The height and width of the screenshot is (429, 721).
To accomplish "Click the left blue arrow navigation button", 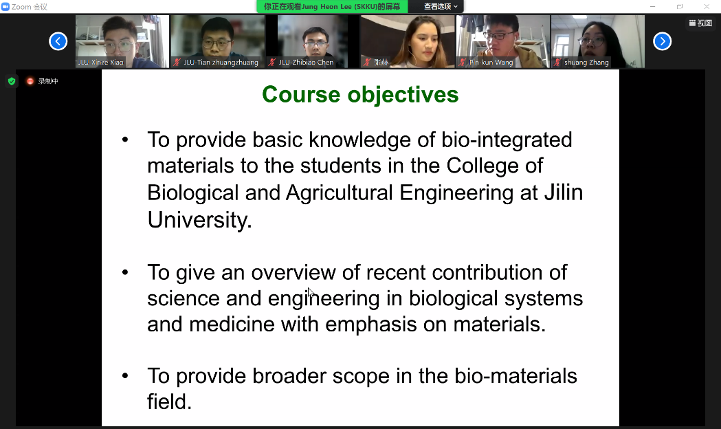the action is (x=58, y=41).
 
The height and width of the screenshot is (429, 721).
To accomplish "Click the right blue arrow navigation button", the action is (x=662, y=41).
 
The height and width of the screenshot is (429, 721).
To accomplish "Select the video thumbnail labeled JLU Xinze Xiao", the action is (x=122, y=41).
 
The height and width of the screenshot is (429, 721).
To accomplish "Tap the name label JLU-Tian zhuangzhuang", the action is (x=221, y=63).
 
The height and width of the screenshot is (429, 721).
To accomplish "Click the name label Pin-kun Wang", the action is (x=491, y=63).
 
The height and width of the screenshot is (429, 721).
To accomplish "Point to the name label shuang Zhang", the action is (x=586, y=63).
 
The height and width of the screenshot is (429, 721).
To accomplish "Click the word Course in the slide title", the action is (x=301, y=95).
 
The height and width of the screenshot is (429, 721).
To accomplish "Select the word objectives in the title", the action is (x=403, y=96).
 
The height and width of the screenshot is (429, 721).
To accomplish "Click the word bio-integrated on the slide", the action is (x=507, y=140).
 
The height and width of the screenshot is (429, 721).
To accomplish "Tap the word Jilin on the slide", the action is (x=564, y=192).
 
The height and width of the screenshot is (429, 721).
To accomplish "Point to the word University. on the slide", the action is (x=199, y=220).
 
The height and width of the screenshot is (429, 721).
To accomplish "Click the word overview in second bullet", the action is (x=293, y=273).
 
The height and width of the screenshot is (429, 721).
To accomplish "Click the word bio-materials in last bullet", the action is (x=515, y=376).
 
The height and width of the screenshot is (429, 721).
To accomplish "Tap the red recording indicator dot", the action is (x=30, y=81).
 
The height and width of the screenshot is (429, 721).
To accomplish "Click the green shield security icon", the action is (x=12, y=81).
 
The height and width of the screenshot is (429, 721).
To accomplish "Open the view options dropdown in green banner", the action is (x=441, y=6).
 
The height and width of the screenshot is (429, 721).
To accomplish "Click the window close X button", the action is (x=707, y=6).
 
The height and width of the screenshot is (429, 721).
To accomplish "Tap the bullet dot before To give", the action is (x=125, y=273).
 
